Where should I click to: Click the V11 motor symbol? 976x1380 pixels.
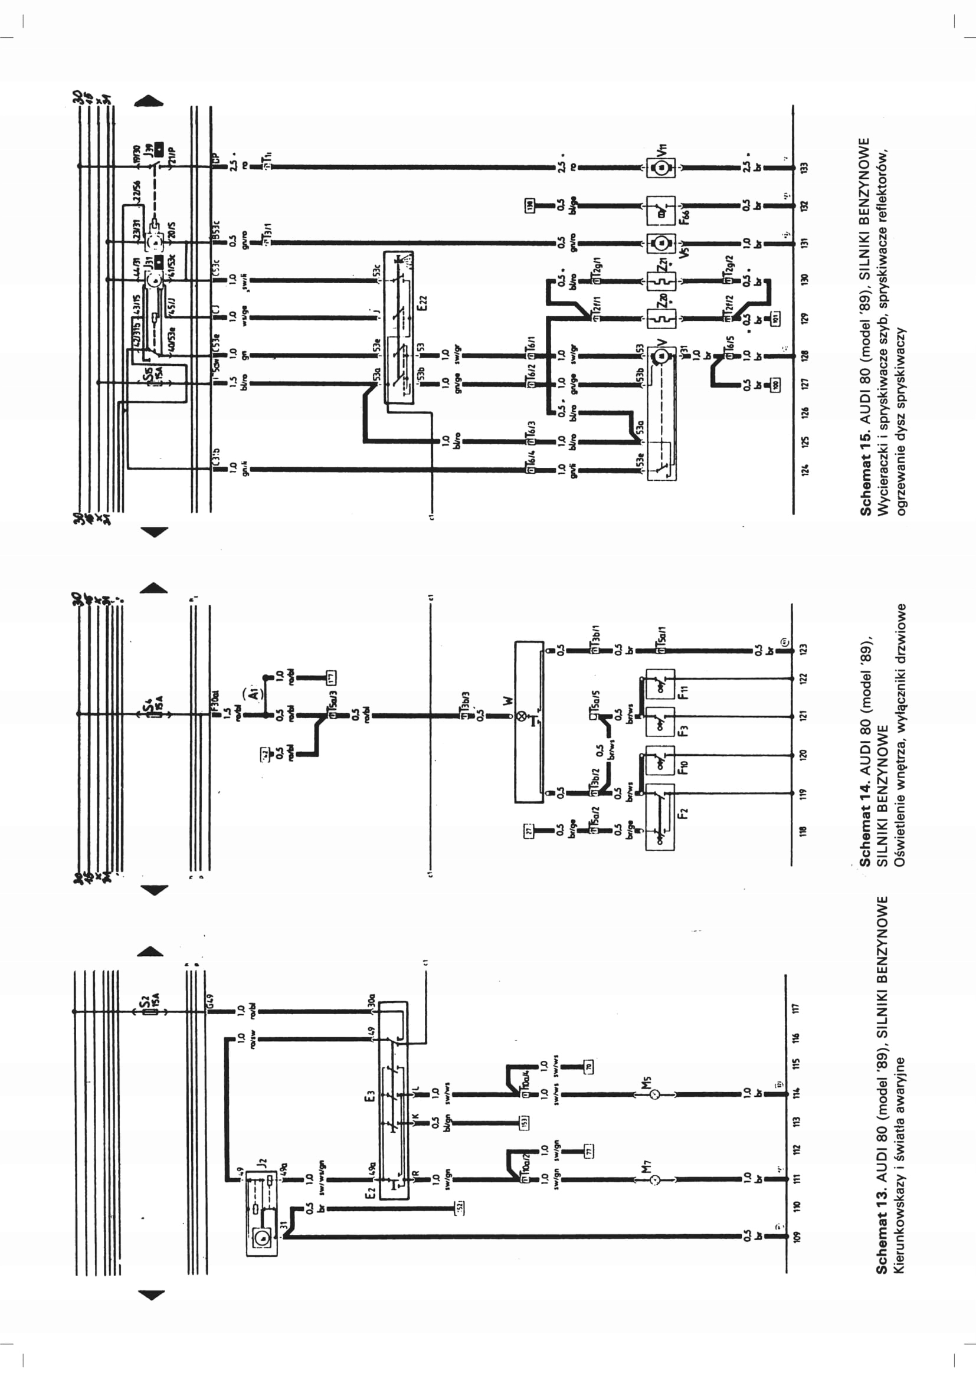click(661, 167)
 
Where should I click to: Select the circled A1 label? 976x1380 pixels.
click(254, 693)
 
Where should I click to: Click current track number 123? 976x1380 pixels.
click(805, 649)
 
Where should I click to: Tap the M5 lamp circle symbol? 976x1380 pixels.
click(656, 1094)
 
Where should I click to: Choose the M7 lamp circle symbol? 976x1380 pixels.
click(656, 1180)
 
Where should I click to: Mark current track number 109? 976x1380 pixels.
click(798, 1237)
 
